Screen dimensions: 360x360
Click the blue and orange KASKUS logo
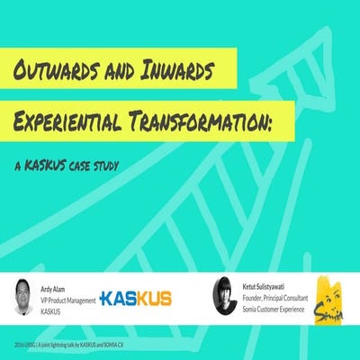[135, 298]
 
